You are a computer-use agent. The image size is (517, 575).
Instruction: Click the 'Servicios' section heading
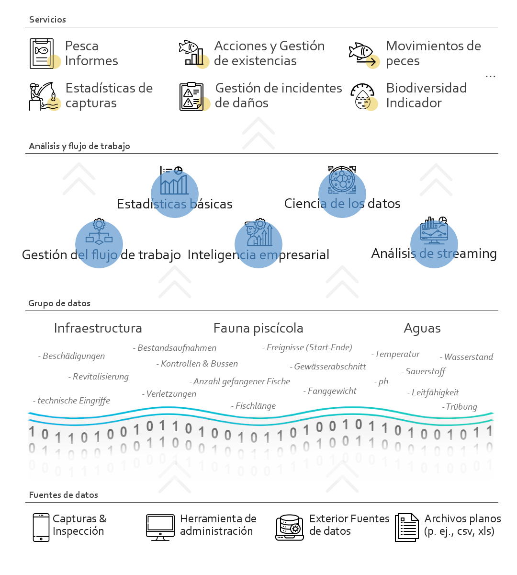pyautogui.click(x=47, y=20)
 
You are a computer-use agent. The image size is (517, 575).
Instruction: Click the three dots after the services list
pyautogui.click(x=490, y=76)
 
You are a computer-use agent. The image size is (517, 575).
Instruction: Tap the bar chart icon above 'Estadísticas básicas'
pyautogui.click(x=174, y=180)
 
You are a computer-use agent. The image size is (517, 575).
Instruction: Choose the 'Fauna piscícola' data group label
pyautogui.click(x=258, y=328)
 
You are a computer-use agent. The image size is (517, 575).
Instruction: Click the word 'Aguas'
pyautogui.click(x=422, y=329)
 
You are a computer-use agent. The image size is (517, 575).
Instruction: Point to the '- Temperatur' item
pyautogui.click(x=395, y=354)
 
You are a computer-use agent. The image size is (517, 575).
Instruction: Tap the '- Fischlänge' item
pyautogui.click(x=254, y=406)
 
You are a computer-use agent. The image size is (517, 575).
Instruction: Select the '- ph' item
pyautogui.click(x=381, y=381)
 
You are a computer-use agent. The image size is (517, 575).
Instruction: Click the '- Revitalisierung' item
pyautogui.click(x=99, y=377)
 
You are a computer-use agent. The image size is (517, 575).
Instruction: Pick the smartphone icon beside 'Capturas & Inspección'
pyautogui.click(x=41, y=528)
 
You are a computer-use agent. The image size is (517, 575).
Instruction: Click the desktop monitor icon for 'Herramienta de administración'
pyautogui.click(x=160, y=527)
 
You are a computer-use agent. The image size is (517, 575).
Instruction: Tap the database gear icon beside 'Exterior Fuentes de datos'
pyautogui.click(x=290, y=528)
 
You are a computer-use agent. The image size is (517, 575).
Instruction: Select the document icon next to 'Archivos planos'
pyautogui.click(x=407, y=528)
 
